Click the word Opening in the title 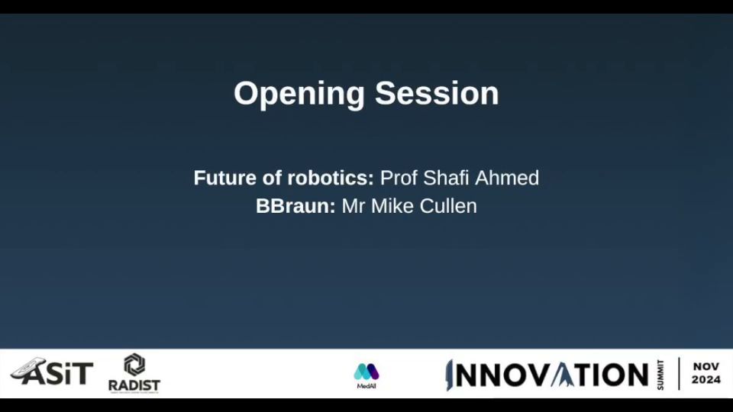[x=299, y=95]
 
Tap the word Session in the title [x=437, y=93]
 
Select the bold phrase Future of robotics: [x=284, y=178]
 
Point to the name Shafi [x=447, y=178]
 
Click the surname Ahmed [x=507, y=178]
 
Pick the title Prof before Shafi [x=399, y=178]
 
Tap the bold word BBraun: [x=295, y=206]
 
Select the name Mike [x=392, y=206]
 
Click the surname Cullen [x=448, y=206]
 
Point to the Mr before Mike [x=354, y=206]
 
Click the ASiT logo [x=52, y=372]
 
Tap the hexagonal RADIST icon [x=134, y=365]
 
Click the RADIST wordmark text [x=134, y=385]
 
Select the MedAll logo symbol [x=366, y=372]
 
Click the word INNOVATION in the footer [x=547, y=375]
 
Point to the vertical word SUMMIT [x=660, y=375]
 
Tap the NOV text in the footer [x=706, y=367]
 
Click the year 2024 [x=706, y=380]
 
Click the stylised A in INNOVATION [x=563, y=375]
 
